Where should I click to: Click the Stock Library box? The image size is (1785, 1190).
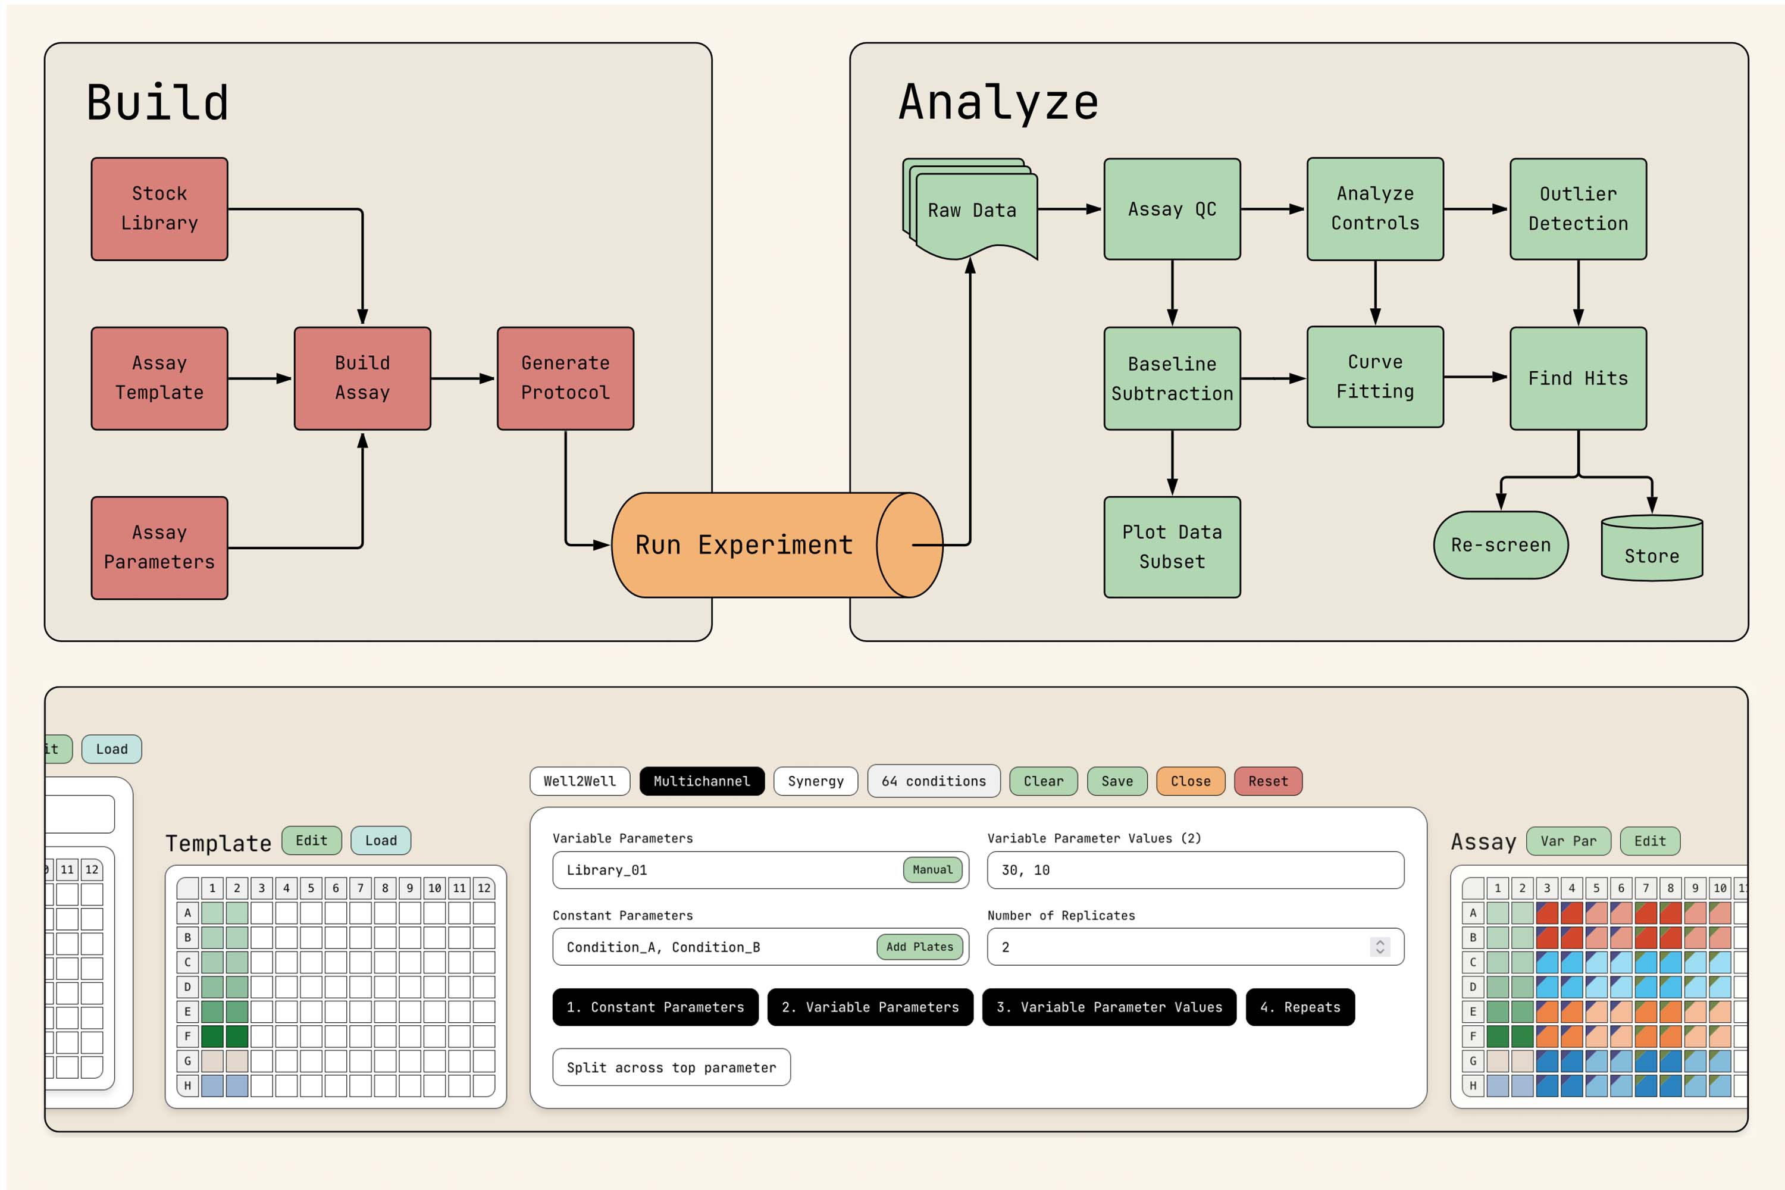159,209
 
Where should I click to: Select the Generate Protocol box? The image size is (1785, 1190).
565,378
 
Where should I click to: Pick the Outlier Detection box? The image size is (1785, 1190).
1578,209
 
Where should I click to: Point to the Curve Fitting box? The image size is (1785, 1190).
1375,377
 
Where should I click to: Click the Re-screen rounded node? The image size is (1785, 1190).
1501,545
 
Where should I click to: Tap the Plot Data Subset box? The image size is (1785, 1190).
1172,546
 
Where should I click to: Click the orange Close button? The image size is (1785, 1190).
1190,781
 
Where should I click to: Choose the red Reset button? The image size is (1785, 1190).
1267,781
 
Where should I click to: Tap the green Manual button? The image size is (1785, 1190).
932,870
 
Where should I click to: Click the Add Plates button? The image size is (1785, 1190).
919,947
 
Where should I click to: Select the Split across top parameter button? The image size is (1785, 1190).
671,1067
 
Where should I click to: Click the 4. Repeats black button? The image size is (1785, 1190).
1299,1007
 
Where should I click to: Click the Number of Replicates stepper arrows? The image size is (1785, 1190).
1380,947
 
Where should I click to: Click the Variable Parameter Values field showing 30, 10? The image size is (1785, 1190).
1195,870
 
